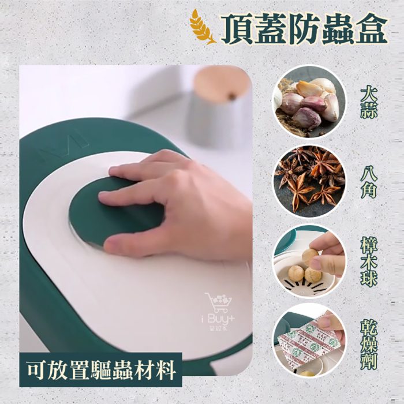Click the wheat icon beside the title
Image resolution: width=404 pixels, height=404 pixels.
[203, 27]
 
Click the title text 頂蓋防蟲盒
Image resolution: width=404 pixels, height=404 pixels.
[302, 27]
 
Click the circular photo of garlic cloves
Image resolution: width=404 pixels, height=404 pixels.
[309, 102]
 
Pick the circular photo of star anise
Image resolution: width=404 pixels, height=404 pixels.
[309, 181]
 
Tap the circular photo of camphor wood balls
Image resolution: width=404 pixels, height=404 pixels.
[309, 260]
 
